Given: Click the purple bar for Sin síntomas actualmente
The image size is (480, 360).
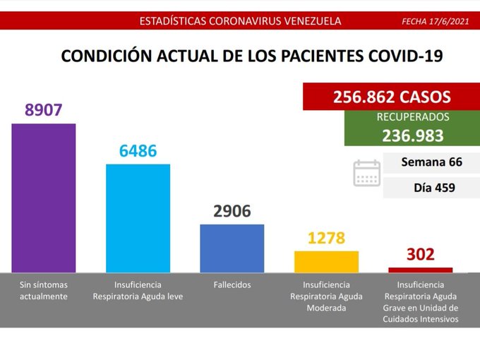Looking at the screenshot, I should coord(44,198).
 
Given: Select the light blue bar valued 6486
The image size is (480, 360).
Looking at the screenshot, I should coord(138,218).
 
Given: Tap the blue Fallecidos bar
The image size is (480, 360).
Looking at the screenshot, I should coord(232,248).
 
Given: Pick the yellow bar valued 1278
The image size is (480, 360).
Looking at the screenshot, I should coord(326,261).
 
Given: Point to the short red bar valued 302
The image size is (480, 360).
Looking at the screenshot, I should coord(421,270).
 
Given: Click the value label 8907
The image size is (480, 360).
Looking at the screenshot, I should coord(44,110).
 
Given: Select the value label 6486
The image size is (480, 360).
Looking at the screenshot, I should coord(138,151).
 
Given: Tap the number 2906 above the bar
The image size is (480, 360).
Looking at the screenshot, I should coord(232,211).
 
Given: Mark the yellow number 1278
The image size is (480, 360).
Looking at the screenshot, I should coord(326,238).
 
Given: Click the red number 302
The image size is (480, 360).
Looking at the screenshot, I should coord(421,254).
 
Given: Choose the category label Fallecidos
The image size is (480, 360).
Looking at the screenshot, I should coord(232,284).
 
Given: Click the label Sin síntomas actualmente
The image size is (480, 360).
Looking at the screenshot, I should coord(44,290).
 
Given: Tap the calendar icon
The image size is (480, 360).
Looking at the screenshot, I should coord(366,173).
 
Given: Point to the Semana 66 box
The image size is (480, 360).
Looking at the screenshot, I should coord(431,162).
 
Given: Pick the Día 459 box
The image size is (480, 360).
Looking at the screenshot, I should coord(431,188).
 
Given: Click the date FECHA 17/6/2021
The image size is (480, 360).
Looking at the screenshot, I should coord(434,21).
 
